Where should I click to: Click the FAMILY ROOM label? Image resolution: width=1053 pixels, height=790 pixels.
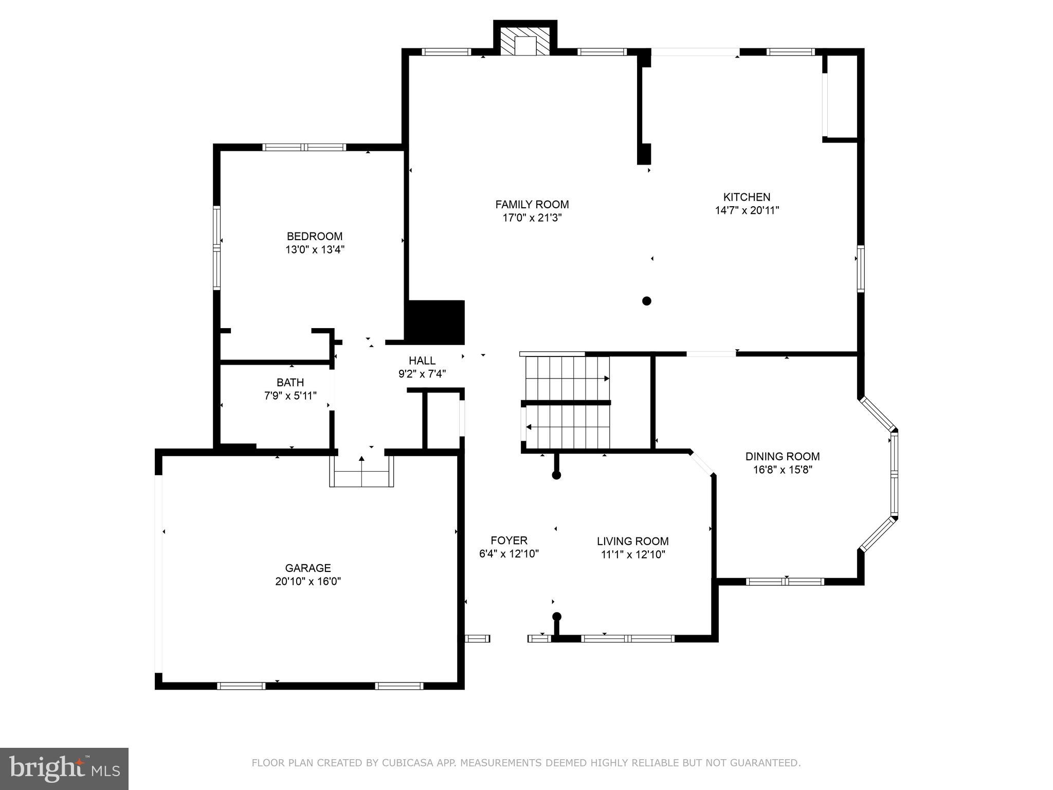(x=532, y=205)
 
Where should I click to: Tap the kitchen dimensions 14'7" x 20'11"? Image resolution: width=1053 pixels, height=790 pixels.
(x=747, y=210)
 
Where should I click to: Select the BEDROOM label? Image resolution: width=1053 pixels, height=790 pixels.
(x=314, y=237)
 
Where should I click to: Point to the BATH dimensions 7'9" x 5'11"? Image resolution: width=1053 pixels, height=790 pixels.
(x=290, y=396)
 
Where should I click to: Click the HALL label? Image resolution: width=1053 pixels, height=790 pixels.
(x=422, y=361)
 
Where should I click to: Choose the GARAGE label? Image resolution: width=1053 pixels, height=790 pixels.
(x=308, y=568)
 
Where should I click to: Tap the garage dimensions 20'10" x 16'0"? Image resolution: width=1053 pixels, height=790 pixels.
(x=308, y=581)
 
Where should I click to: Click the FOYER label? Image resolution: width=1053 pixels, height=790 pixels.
(x=509, y=541)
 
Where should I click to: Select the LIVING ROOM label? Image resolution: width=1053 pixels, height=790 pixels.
(x=632, y=541)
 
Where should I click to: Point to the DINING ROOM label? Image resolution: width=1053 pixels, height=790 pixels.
(x=782, y=456)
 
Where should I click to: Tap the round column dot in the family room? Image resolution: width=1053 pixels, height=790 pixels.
(x=647, y=301)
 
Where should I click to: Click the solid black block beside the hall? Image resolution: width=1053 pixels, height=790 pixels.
(x=435, y=322)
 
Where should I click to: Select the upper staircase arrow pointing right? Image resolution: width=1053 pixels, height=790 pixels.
(x=606, y=379)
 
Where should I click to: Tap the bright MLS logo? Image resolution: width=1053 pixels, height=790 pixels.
(x=64, y=768)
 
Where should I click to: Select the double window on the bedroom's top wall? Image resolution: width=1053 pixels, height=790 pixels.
(x=304, y=147)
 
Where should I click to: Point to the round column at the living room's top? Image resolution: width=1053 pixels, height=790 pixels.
(x=556, y=475)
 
